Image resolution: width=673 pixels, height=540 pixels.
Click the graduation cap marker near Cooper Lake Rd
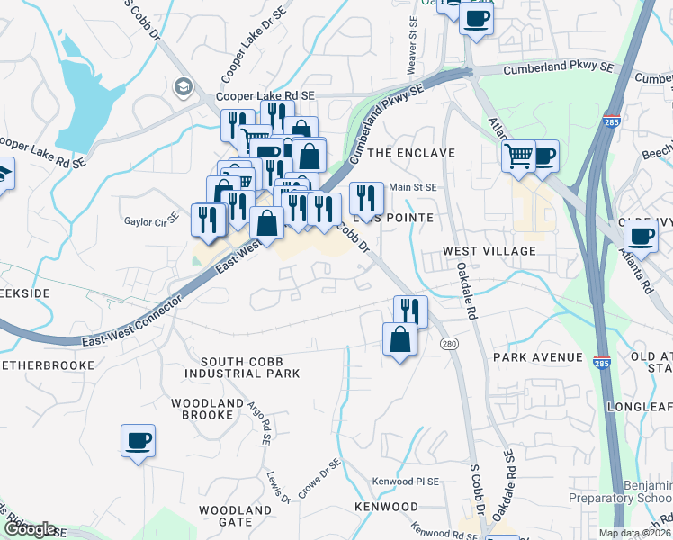(184, 87)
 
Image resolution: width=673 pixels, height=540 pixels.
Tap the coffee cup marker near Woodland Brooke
(138, 441)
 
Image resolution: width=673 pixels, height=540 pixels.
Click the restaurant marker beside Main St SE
(365, 195)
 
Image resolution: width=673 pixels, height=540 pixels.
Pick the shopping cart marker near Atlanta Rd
(518, 156)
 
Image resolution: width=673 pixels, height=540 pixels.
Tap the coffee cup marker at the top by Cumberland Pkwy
(476, 17)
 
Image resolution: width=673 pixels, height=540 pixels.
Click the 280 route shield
(449, 344)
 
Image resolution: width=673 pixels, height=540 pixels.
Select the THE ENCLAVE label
(411, 153)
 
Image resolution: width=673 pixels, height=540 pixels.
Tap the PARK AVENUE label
(538, 357)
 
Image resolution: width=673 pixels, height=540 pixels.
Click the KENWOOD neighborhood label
(386, 507)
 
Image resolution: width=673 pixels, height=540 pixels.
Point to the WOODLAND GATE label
(236, 517)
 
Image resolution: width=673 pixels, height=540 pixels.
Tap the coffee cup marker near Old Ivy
(641, 237)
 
